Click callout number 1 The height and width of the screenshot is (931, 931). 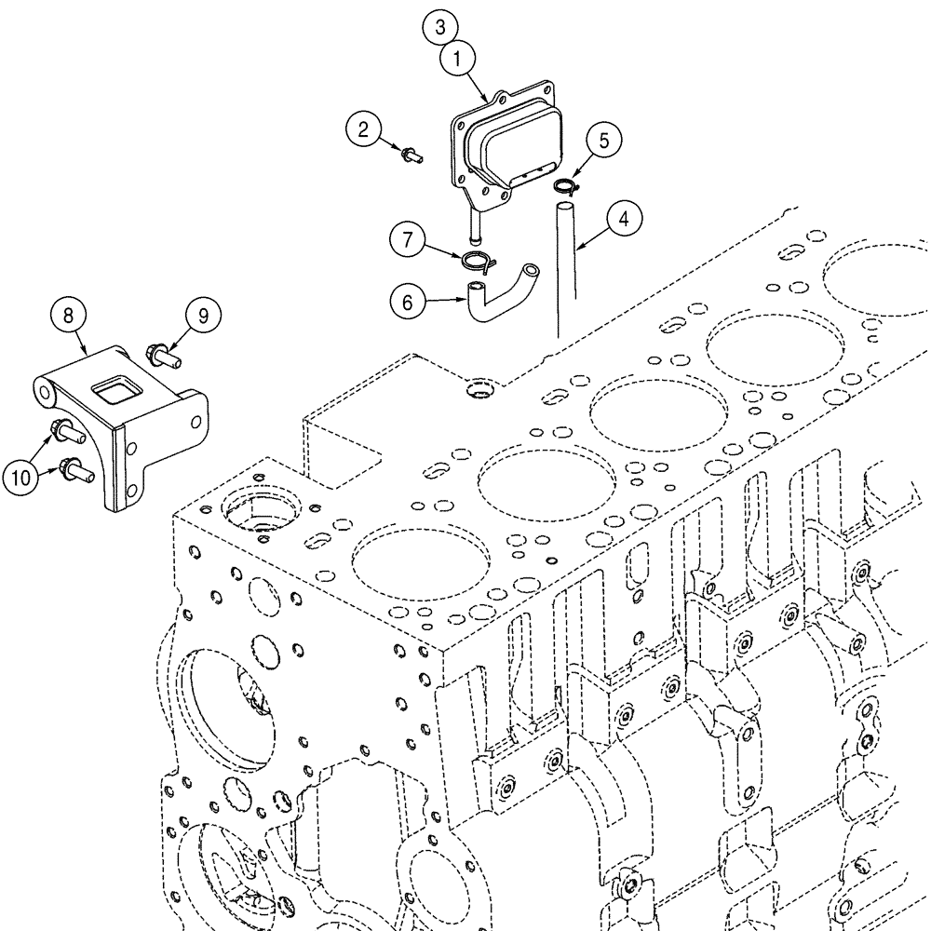pos(458,61)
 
